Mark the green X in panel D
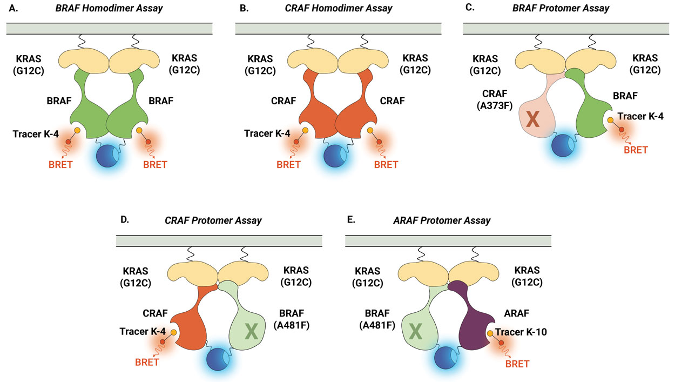click(x=251, y=332)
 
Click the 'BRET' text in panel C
click(x=636, y=150)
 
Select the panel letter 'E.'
click(x=350, y=220)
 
